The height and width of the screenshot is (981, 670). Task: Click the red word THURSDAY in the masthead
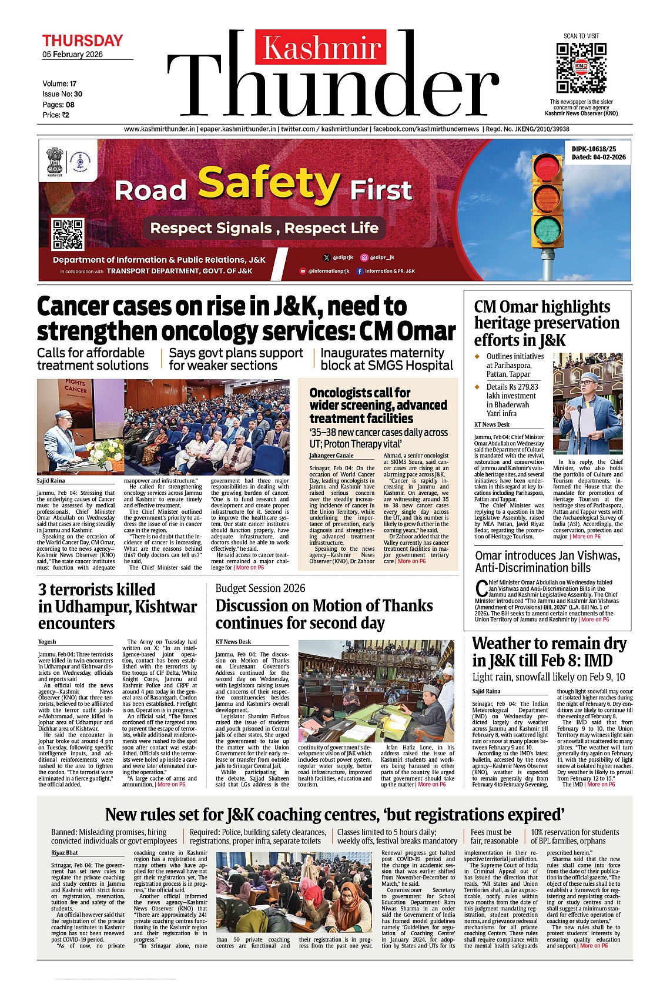point(82,41)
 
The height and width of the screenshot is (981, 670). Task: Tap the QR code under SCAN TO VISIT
point(581,67)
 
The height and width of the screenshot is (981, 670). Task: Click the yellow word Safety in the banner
point(268,183)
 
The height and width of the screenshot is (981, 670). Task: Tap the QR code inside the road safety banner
point(68,233)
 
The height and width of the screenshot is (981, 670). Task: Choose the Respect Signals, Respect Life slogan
point(264,228)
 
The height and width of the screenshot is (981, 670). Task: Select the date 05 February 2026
point(72,55)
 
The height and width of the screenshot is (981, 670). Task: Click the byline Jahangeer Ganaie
point(331,456)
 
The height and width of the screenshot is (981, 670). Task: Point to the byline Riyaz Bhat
point(65,852)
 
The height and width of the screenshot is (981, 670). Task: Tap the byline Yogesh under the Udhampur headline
point(47,642)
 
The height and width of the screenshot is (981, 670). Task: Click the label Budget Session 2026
point(260,588)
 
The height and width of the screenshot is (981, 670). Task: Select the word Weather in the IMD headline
point(506,644)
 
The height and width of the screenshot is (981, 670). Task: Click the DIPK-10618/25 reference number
point(594,149)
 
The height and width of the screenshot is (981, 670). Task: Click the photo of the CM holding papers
point(588,403)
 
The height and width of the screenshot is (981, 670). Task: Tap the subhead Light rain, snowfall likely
point(549,677)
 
